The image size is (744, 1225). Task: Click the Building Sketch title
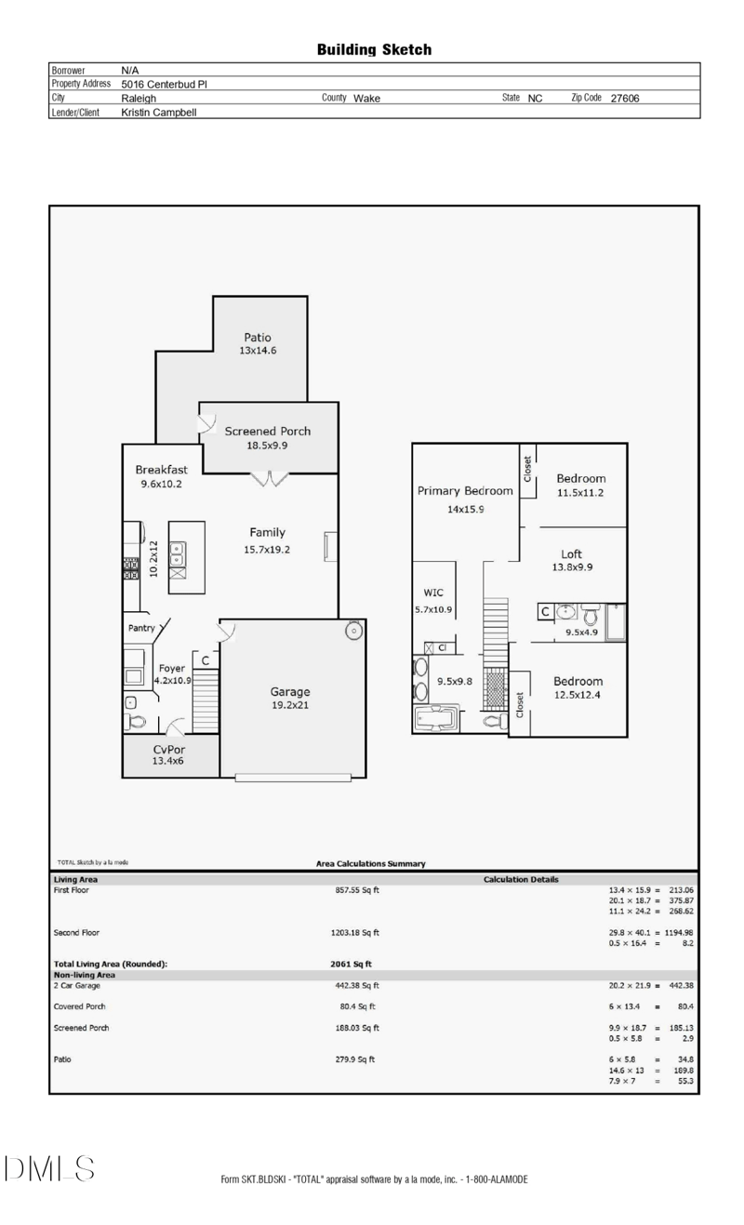pos(374,50)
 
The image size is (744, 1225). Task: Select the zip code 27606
pos(624,99)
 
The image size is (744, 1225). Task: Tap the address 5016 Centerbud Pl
pos(164,85)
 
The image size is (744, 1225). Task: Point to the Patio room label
pos(258,338)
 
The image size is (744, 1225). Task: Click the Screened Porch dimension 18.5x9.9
pos(267,446)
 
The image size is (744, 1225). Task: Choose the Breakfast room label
pos(161,470)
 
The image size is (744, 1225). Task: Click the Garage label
pos(290,692)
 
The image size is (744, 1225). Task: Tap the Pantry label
pos(141,628)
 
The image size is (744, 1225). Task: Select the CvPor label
pos(169,749)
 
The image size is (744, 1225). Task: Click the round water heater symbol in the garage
pos(353,631)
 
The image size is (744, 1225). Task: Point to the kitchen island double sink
pos(178,554)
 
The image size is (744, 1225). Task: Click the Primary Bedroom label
pos(465,491)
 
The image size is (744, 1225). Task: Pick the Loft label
pos(571,554)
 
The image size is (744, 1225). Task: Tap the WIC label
pos(433,593)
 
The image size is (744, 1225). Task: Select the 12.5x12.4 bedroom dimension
pos(578,695)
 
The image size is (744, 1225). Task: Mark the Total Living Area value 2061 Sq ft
pos(351,965)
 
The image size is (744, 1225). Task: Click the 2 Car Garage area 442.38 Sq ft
pos(357,985)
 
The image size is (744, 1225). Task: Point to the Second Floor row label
pos(76,932)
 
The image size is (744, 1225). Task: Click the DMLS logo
pos(49,1168)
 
